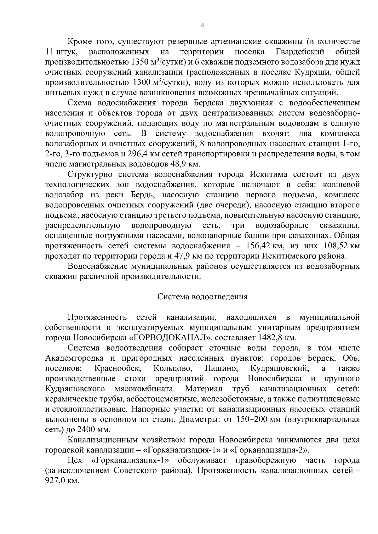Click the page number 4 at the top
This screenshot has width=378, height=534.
[202, 26]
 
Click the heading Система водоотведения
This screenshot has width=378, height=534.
[202, 297]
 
